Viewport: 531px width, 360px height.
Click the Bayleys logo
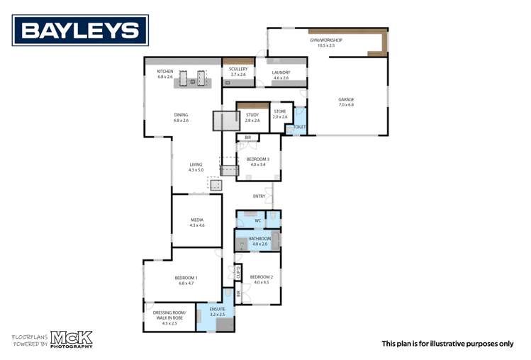79,30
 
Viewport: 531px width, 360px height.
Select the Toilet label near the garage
299,128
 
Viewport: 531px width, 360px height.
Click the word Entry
259,196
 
